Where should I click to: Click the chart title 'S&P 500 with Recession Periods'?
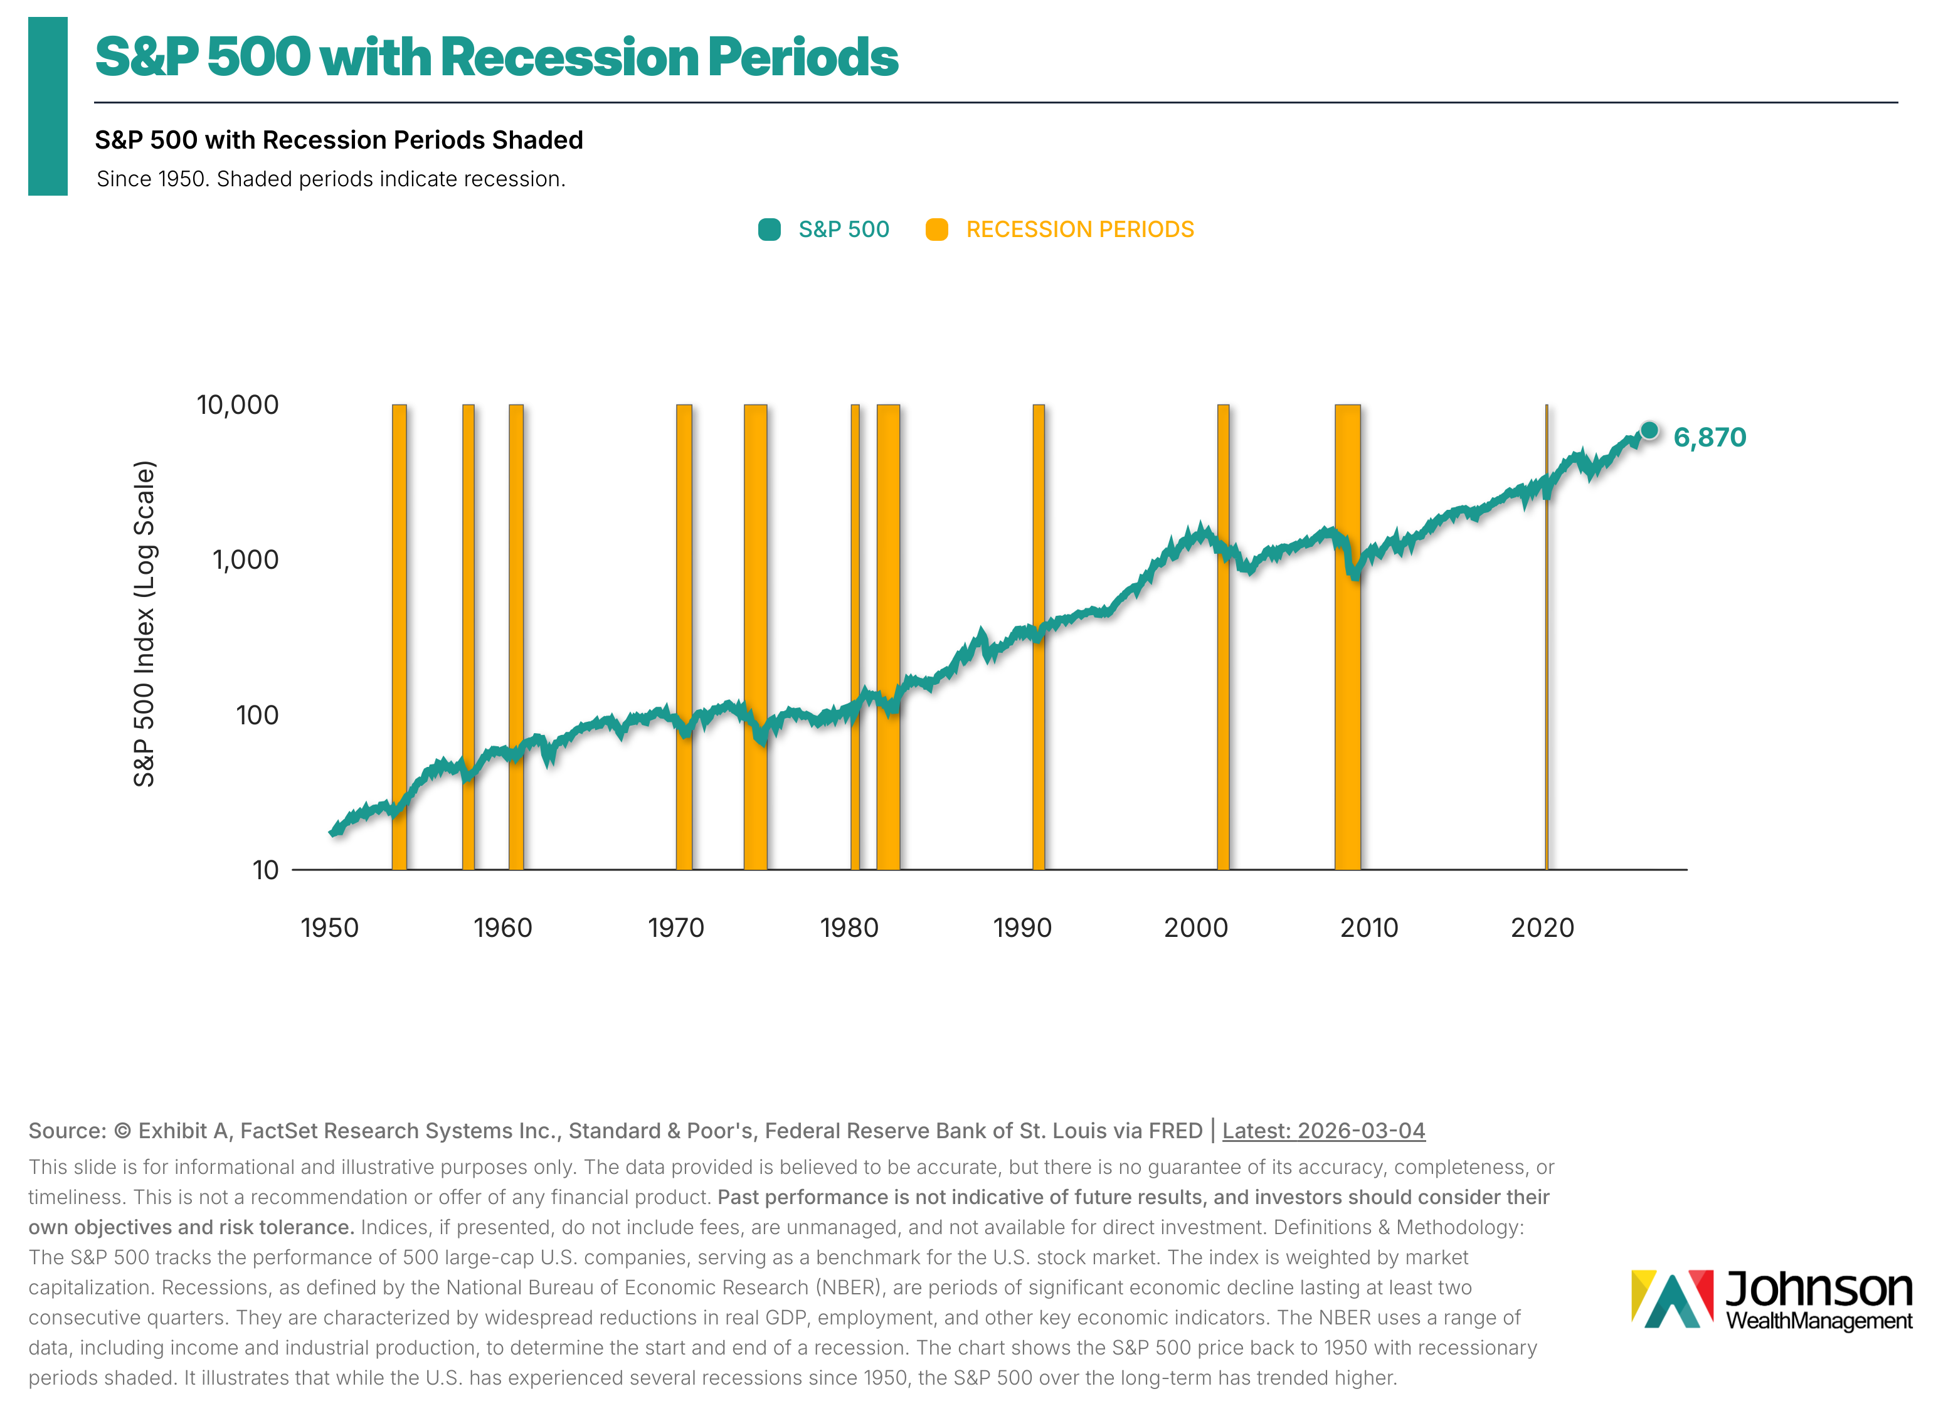pyautogui.click(x=496, y=58)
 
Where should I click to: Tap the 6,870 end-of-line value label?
pyautogui.click(x=1708, y=437)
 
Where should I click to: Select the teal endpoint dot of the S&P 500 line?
pyautogui.click(x=1648, y=430)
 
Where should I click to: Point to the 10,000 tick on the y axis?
pyautogui.click(x=238, y=404)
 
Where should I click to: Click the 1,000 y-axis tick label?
pyautogui.click(x=245, y=559)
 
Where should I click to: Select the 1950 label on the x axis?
pyautogui.click(x=330, y=928)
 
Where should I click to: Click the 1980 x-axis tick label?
pyautogui.click(x=849, y=928)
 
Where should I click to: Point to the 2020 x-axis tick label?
pyautogui.click(x=1542, y=928)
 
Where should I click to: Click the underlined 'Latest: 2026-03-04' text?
pyautogui.click(x=1323, y=1130)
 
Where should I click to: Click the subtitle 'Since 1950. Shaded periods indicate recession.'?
pyautogui.click(x=331, y=179)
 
